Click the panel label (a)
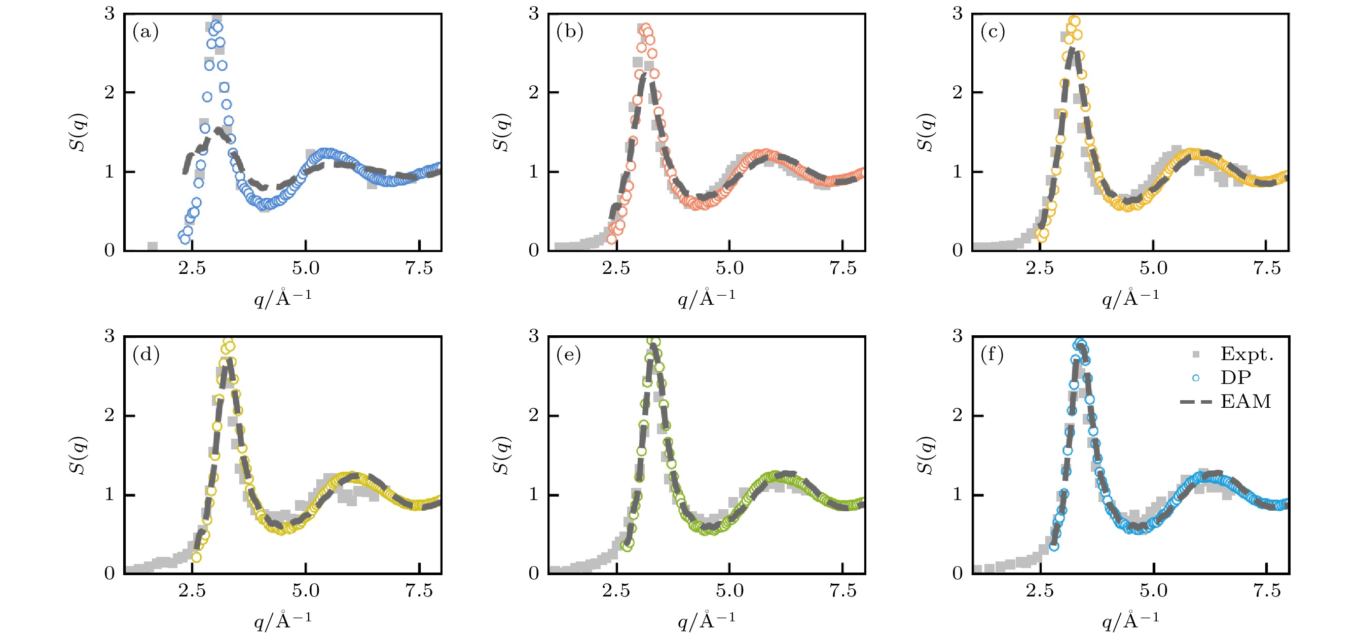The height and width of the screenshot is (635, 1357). (x=145, y=32)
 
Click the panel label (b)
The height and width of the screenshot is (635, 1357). (x=569, y=32)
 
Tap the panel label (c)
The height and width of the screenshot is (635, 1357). (x=993, y=32)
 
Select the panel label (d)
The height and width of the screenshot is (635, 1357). (x=145, y=355)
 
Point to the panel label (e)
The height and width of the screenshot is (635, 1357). (x=569, y=355)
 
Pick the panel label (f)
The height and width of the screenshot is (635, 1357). (x=993, y=355)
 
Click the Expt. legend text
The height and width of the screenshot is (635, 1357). (x=1247, y=354)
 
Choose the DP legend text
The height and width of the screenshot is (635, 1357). (x=1235, y=378)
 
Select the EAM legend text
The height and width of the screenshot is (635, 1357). (x=1245, y=402)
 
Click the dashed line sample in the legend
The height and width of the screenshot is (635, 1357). (x=1196, y=402)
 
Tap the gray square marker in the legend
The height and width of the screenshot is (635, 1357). (x=1196, y=354)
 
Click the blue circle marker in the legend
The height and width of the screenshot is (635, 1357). (x=1196, y=378)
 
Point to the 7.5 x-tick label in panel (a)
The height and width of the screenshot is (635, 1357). (x=419, y=269)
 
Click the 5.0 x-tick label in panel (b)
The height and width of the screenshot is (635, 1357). (x=729, y=269)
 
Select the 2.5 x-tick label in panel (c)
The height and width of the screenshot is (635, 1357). (x=1040, y=269)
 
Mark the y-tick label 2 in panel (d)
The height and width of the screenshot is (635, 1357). (x=109, y=415)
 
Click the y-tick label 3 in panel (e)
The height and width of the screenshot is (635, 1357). (x=534, y=336)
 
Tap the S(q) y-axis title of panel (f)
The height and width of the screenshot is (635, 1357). (x=926, y=455)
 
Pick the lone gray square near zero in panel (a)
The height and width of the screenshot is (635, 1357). (x=152, y=246)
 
